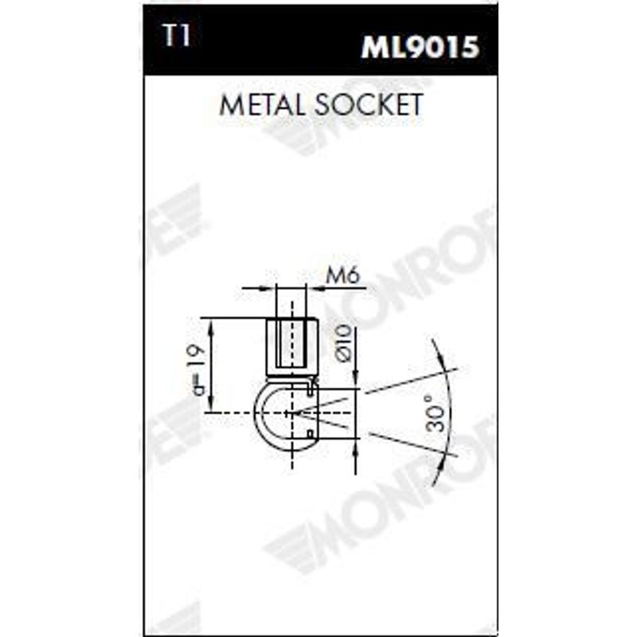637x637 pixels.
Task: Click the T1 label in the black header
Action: [x=176, y=35]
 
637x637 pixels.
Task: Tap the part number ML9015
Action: [x=420, y=47]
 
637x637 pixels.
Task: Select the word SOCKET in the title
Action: [x=369, y=104]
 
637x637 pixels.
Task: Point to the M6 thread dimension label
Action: [x=343, y=276]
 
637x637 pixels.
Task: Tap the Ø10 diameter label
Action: [x=343, y=344]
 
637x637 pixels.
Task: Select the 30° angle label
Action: [x=435, y=414]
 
